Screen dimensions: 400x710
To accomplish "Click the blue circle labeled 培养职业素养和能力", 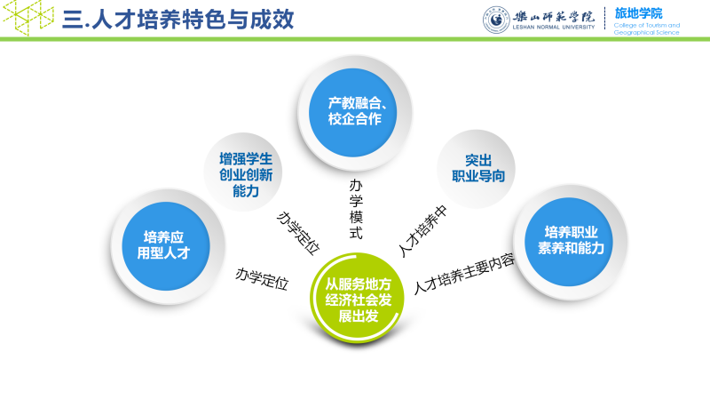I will pyautogui.click(x=570, y=239).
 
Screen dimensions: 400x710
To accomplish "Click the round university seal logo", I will pyautogui.click(x=496, y=19).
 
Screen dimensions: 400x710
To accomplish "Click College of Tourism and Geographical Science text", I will pyautogui.click(x=646, y=29).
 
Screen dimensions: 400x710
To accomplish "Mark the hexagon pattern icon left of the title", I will pyautogui.click(x=27, y=17).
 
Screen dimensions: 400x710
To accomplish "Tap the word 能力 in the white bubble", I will pyautogui.click(x=246, y=190).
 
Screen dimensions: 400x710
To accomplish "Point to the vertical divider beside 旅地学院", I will pyautogui.click(x=605, y=19).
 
